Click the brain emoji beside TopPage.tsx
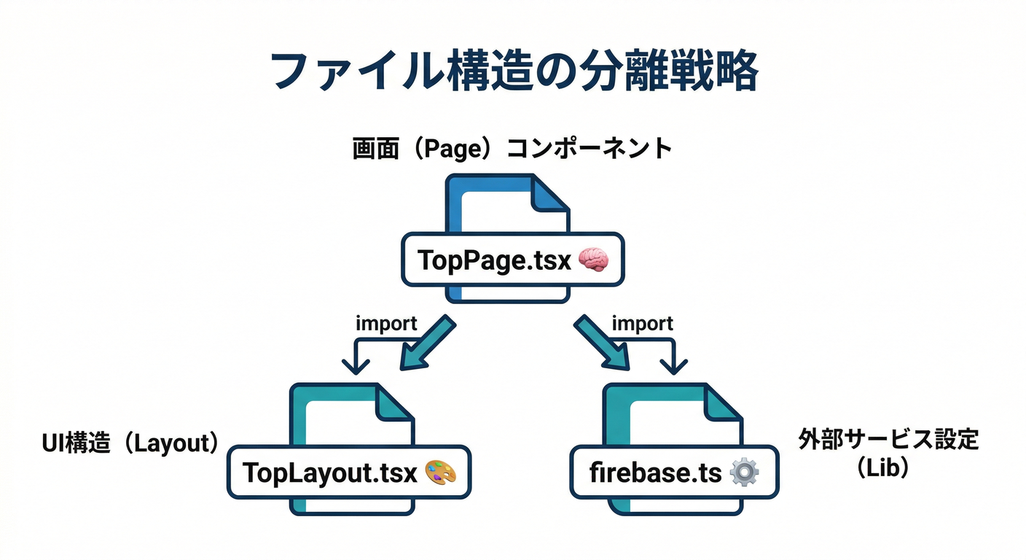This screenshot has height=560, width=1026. coord(592,260)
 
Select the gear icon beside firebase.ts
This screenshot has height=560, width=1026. coord(743,473)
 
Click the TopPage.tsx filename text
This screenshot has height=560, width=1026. coord(494,260)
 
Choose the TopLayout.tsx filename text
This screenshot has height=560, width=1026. coord(329,473)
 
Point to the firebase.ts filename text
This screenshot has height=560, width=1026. coord(655,473)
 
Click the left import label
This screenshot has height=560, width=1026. coord(386,323)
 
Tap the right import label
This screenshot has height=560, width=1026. coord(642,323)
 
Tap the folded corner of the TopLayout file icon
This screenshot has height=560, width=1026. coord(394,402)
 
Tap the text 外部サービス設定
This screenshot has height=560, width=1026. coord(888,440)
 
